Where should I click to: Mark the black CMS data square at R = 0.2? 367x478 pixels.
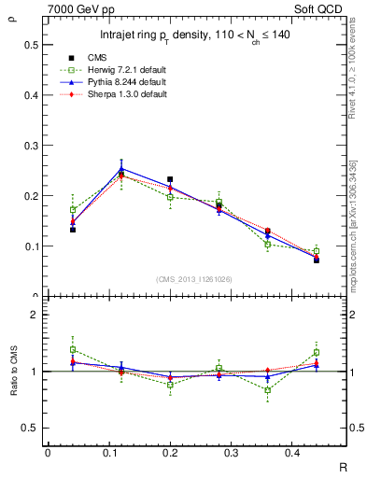point(170,179)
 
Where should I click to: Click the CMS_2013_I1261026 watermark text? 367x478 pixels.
point(195,278)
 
